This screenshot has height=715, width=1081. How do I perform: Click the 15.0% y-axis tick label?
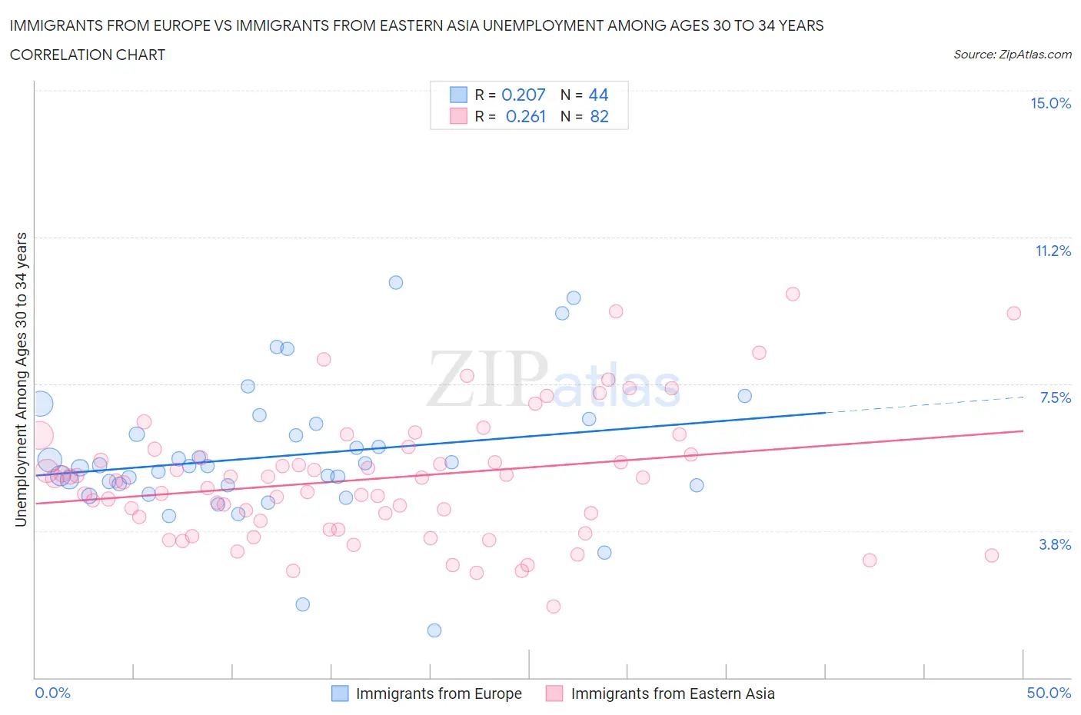[1050, 104]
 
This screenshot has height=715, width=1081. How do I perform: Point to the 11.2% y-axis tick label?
[1053, 251]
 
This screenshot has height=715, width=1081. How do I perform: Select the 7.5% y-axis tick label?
[1055, 398]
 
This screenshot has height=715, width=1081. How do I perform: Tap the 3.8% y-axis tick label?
[1055, 545]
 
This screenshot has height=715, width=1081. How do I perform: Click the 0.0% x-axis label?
[53, 693]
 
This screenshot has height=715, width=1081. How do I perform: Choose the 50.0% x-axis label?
[1049, 693]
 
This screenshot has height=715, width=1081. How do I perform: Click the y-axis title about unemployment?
[21, 380]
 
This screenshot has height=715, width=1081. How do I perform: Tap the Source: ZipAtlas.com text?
[1012, 55]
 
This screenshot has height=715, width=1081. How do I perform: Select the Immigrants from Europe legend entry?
[427, 693]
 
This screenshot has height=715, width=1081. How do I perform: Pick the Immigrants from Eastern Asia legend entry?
[660, 693]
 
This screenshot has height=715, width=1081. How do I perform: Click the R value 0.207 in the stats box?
[523, 95]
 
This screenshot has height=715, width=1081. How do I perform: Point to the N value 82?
[599, 117]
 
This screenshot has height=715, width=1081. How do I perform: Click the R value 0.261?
[525, 117]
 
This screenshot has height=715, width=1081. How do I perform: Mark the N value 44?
[598, 95]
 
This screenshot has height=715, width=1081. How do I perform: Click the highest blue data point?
[396, 282]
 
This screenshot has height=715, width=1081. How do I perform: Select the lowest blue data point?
[434, 630]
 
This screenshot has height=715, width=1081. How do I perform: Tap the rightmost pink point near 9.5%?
[1014, 313]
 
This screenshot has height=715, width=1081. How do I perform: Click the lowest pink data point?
[554, 607]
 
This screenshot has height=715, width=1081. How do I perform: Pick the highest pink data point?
[793, 294]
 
